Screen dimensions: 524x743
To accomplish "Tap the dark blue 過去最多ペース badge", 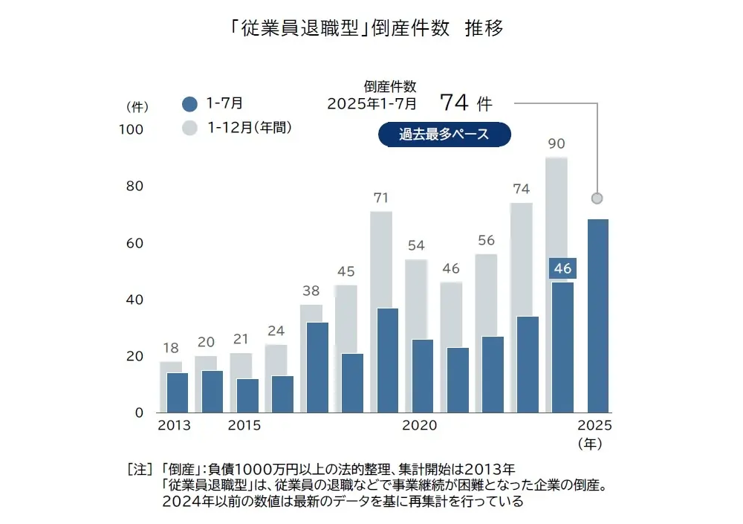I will tap(444, 135).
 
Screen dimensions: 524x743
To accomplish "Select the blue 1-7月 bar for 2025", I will tap(597, 315).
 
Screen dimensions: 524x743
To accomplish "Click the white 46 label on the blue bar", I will tap(562, 268).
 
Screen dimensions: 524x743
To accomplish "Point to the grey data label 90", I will tap(557, 143).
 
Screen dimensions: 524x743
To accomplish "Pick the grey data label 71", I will tap(381, 198).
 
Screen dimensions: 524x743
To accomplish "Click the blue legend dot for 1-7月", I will tap(190, 104).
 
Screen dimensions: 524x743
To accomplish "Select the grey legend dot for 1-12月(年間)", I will tap(190, 128).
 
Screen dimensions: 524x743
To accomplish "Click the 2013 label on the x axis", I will tap(174, 426).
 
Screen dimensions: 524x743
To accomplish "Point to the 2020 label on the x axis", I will tap(420, 426).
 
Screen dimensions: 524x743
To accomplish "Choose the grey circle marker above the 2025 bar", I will tap(597, 198).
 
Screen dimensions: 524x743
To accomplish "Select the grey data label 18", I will tap(170, 348).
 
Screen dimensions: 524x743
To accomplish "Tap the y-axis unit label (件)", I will tap(138, 106).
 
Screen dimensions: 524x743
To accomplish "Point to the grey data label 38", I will tap(311, 291).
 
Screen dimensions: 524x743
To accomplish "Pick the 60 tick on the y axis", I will tap(134, 243).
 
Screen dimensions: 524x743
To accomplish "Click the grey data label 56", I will tap(486, 240).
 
